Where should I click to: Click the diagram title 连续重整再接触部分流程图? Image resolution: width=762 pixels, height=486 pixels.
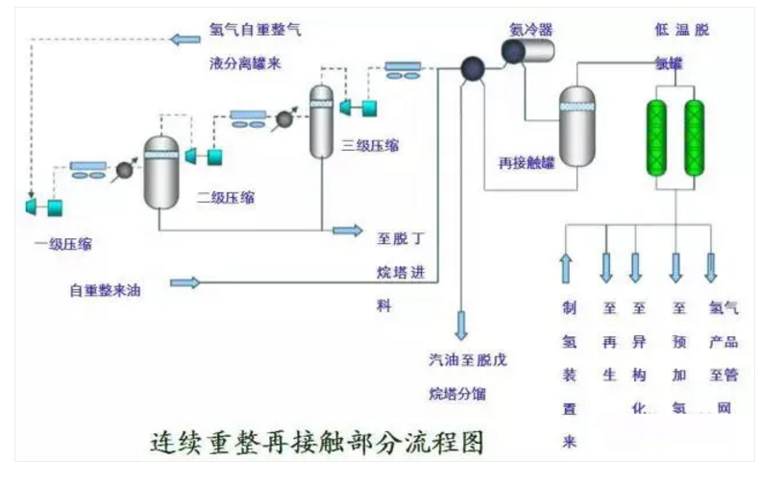coord(317,444)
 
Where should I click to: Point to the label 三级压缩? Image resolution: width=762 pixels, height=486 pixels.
coord(370,146)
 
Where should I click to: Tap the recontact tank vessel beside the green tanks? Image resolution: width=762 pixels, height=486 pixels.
coord(578,126)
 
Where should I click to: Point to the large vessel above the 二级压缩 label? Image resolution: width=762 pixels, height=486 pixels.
coord(161,173)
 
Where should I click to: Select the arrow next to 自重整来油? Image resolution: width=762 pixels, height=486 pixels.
coord(184,282)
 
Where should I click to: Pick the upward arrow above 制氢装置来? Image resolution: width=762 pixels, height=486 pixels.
coord(565,268)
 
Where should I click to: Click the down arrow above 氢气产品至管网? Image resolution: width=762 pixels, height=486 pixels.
coord(711,266)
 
